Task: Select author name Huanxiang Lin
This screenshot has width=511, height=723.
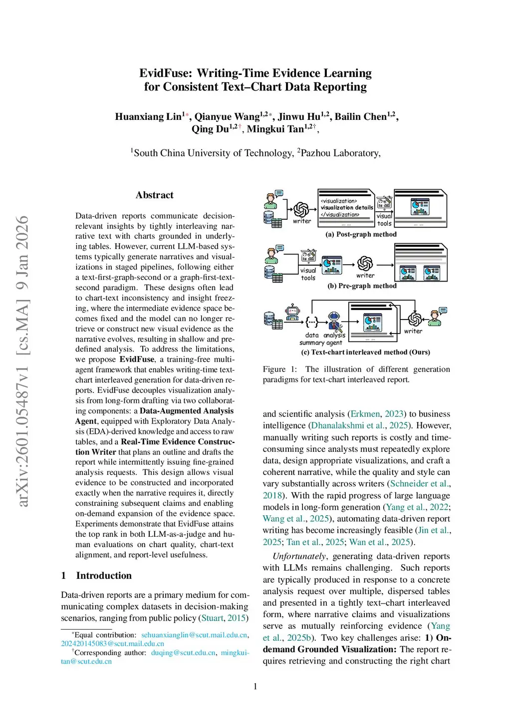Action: point(148,117)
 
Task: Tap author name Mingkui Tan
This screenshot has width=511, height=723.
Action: point(275,129)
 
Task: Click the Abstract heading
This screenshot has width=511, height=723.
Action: point(155,195)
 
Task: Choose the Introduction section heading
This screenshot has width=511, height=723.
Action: point(104,576)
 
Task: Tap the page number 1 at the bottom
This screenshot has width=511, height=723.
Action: point(255,687)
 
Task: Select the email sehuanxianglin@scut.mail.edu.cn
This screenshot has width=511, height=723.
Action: point(194,635)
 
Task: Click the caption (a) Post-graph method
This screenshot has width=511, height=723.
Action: point(361,234)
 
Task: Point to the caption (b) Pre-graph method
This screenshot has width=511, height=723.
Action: point(362,286)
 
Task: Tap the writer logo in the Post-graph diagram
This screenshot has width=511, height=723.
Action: point(301,209)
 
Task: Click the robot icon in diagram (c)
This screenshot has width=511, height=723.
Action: point(292,313)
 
